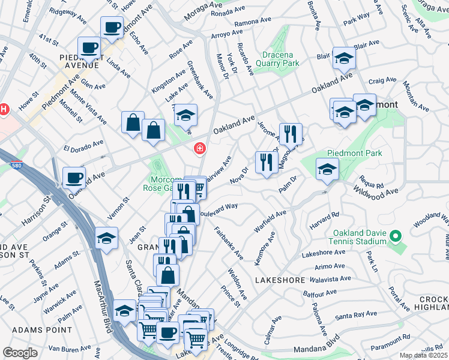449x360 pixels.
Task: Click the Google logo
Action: (20, 353)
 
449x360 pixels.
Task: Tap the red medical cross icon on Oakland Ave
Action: (199, 148)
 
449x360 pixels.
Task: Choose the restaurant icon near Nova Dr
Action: (265, 161)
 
